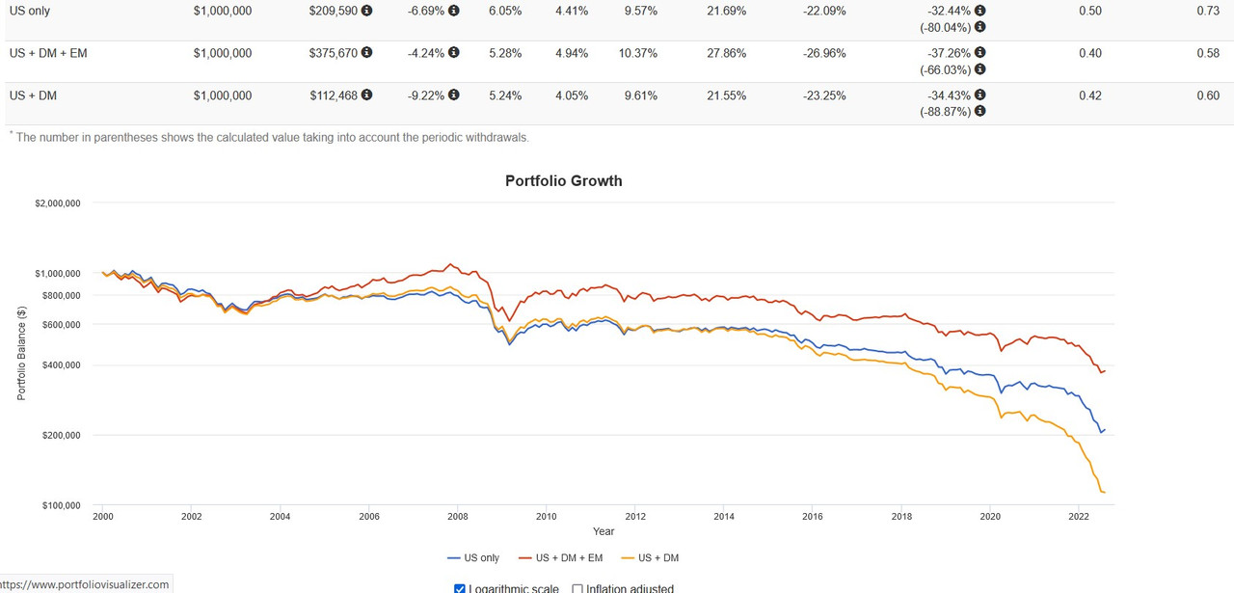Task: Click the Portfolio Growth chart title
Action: (564, 181)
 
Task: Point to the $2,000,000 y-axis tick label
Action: (57, 203)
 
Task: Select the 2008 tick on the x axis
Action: (457, 517)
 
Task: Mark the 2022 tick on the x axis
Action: (1079, 517)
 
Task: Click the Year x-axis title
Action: (604, 531)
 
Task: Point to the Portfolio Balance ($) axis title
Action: (21, 353)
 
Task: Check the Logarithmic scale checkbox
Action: (459, 588)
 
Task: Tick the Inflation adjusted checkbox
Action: (577, 588)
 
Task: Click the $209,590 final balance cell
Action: (333, 12)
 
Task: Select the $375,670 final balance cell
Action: (333, 53)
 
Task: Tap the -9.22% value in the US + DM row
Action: (424, 95)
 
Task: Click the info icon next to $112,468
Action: (366, 95)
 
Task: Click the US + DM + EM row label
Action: (48, 53)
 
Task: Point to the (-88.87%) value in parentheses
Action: (947, 112)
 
